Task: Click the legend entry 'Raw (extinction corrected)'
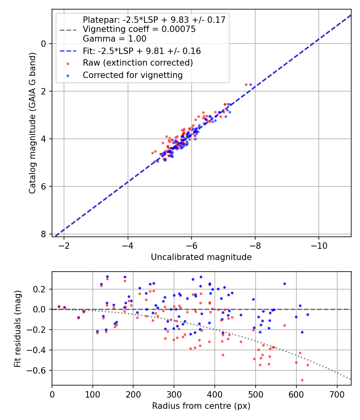[138, 63]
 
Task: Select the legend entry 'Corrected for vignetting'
[132, 75]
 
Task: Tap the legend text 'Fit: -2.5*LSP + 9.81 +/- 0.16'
[142, 51]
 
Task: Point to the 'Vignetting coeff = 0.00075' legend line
[139, 29]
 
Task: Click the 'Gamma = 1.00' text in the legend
[114, 39]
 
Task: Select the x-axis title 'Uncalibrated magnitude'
[201, 257]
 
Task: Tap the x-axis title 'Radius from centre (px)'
[201, 406]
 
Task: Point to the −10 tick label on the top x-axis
[318, 245]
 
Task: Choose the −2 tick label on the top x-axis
[64, 245]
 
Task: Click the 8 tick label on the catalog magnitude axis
[44, 234]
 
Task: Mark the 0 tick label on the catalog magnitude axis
[44, 44]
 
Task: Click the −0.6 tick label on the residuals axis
[39, 370]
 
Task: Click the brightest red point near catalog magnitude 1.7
[246, 84]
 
